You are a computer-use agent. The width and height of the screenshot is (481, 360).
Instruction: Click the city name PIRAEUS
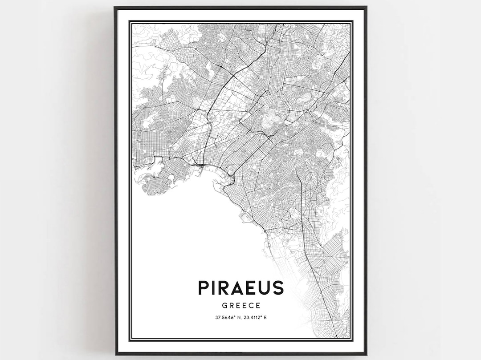coord(241,287)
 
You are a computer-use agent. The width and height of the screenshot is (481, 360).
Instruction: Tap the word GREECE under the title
coord(241,306)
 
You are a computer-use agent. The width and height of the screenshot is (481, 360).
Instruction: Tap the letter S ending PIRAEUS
coord(278,287)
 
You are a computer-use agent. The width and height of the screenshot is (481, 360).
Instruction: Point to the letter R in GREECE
coord(231,306)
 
